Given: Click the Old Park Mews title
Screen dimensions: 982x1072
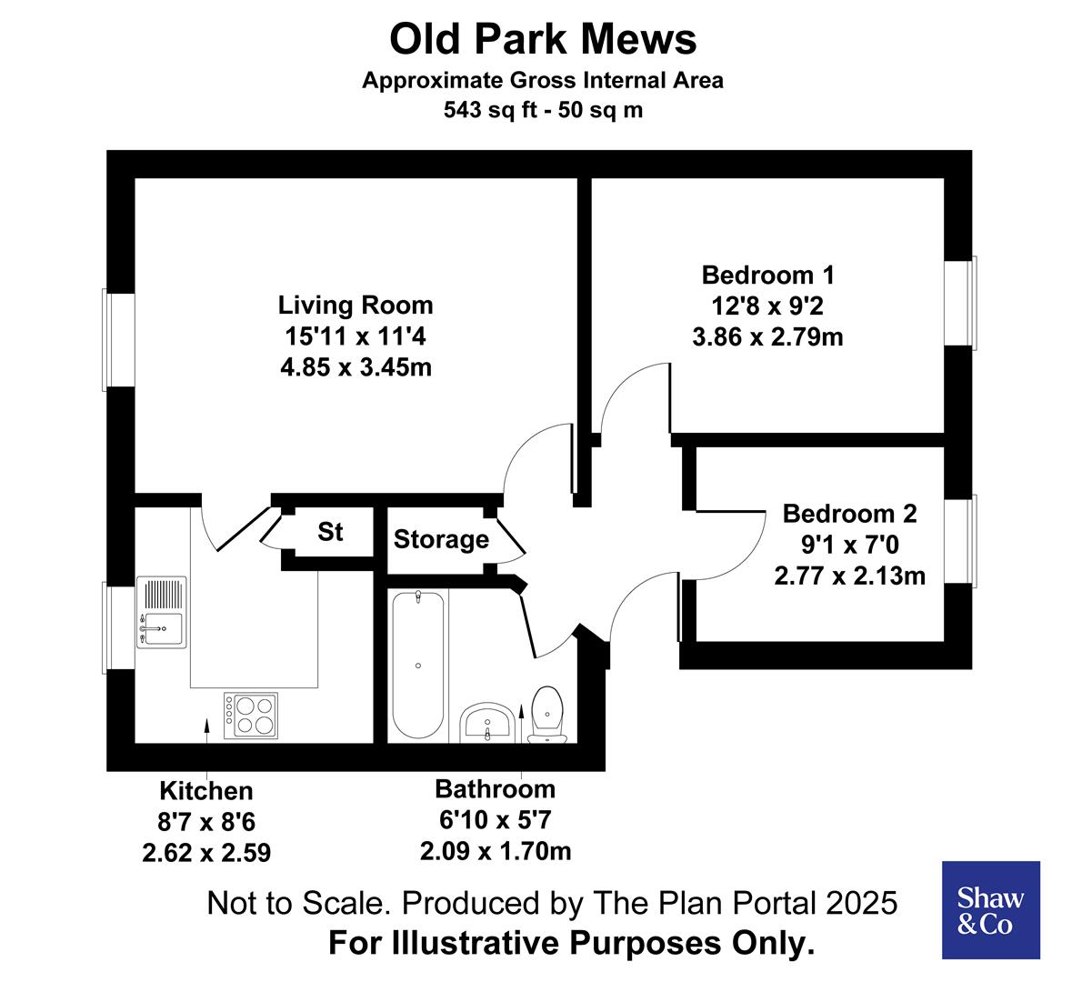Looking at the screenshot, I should [x=543, y=39].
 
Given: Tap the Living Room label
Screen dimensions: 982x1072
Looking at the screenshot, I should [x=356, y=305].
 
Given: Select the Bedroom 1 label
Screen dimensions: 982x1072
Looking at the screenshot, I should [x=767, y=275].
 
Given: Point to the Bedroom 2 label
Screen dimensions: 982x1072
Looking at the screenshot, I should [x=849, y=514].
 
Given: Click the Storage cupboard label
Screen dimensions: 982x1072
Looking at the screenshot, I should [x=441, y=540].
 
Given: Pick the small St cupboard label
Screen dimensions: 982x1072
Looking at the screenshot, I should [x=330, y=532].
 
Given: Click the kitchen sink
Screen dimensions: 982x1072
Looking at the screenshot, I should [x=161, y=613].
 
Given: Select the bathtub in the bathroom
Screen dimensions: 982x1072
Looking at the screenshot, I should [x=417, y=666].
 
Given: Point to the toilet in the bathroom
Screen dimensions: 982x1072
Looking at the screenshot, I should [x=547, y=714].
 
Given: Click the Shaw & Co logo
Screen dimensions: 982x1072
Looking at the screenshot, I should [x=990, y=910].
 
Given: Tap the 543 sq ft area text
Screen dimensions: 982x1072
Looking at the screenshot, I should [x=543, y=110].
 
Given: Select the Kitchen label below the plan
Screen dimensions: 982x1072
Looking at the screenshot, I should [x=206, y=791].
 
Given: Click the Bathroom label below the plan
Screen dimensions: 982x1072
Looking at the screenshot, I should [x=495, y=788].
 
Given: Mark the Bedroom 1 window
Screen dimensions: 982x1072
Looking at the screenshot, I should [x=960, y=302].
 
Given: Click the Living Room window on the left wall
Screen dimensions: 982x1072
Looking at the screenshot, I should [x=119, y=339].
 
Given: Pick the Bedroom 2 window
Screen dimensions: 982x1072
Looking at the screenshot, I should [x=960, y=541].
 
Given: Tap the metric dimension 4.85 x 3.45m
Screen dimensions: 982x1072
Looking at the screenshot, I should [x=356, y=368].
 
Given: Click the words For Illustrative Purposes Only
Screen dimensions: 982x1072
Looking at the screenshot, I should [x=571, y=944].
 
